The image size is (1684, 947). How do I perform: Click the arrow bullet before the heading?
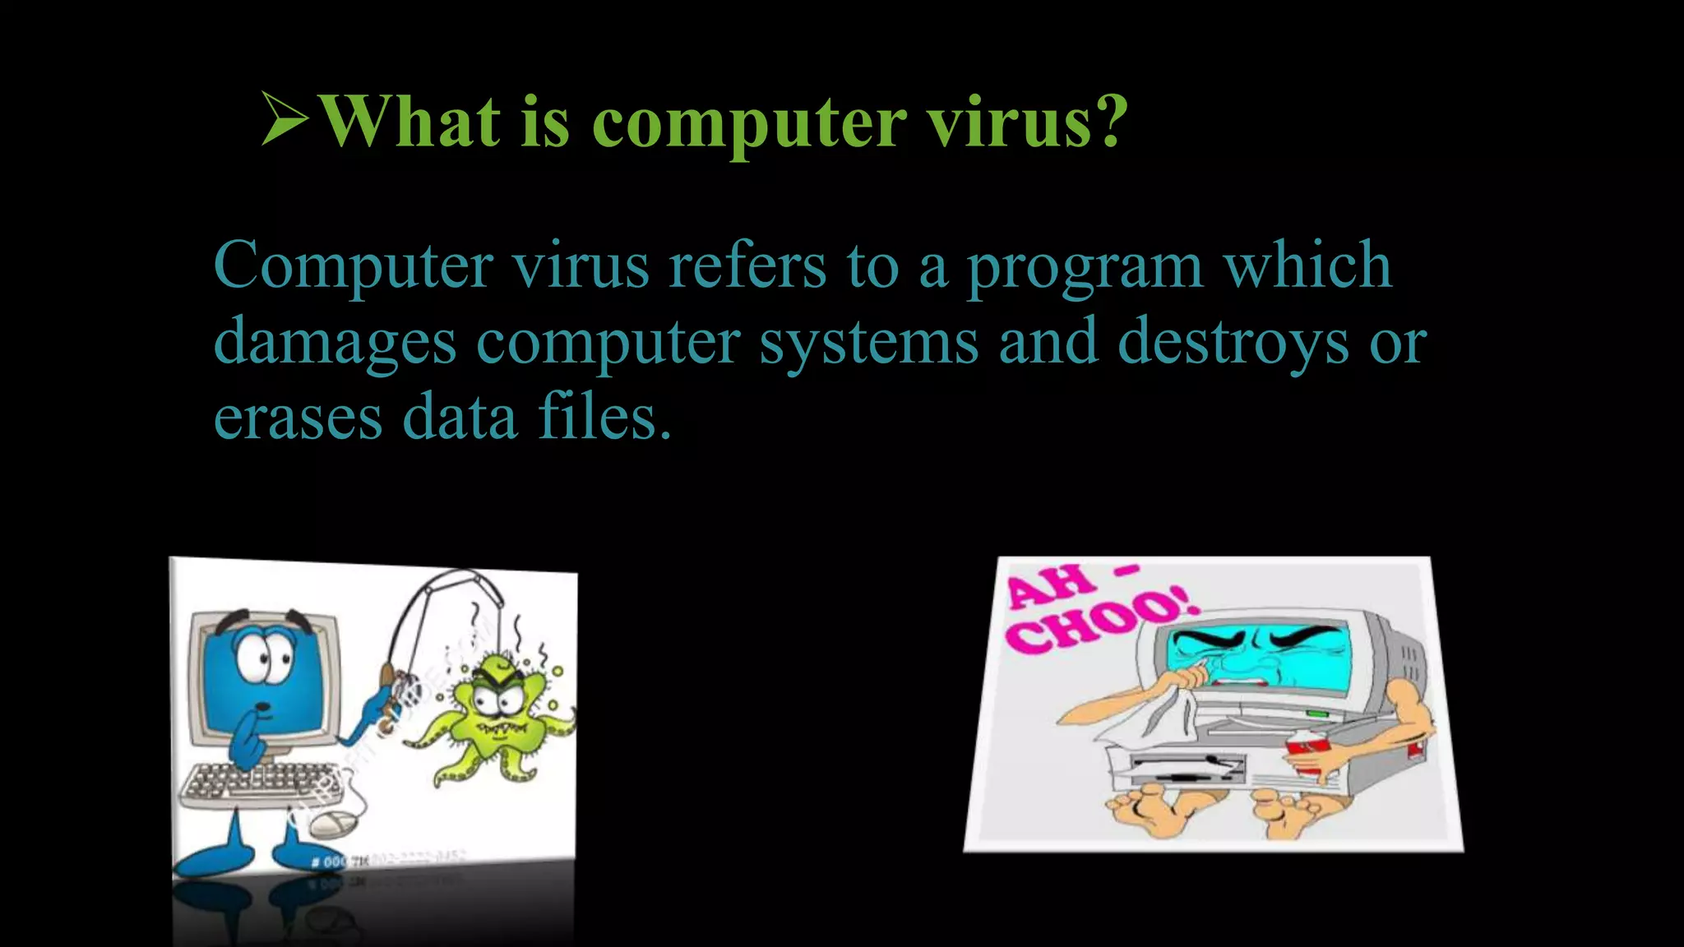point(285,119)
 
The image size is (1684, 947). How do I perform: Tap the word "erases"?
point(298,418)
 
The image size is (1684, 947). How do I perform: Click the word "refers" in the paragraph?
point(747,266)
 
